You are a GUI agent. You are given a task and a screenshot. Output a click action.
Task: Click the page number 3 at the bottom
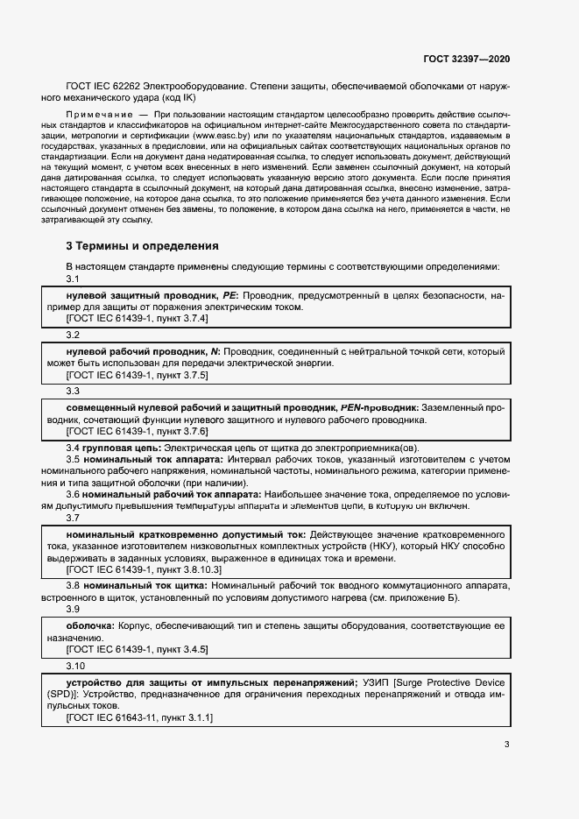(x=506, y=745)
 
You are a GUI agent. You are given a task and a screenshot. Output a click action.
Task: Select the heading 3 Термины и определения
(x=143, y=246)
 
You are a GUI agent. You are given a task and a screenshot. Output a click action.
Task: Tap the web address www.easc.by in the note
(x=218, y=137)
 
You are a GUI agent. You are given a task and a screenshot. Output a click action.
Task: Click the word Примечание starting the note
(x=95, y=115)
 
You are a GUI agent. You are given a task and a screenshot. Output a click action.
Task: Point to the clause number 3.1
(x=73, y=279)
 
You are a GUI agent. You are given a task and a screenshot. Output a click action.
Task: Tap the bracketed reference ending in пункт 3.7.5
(x=138, y=375)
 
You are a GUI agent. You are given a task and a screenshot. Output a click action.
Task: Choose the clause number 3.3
(x=73, y=391)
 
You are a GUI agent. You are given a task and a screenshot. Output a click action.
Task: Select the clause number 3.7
(x=73, y=519)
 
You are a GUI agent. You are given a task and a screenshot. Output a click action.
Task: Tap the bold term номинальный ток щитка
(x=145, y=585)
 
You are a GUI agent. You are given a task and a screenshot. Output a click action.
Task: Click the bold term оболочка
(x=90, y=626)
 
